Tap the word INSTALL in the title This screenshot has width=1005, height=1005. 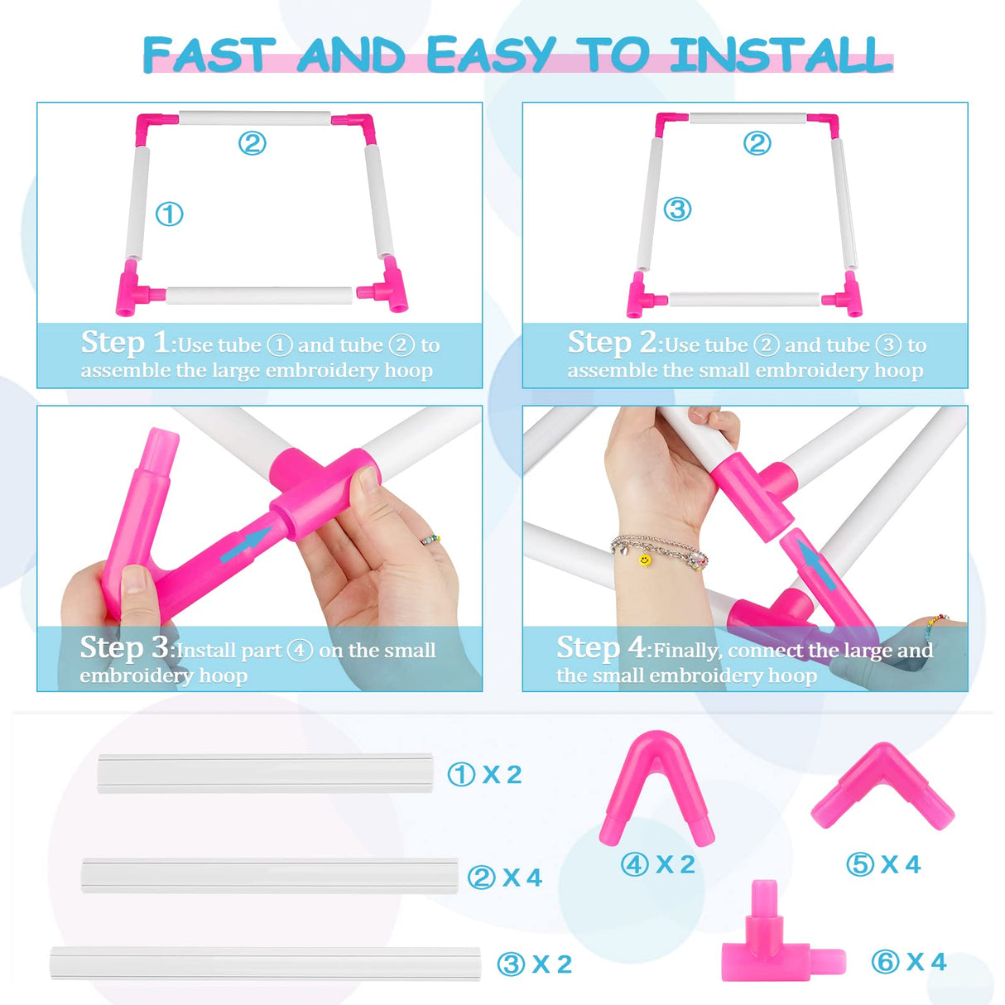(x=781, y=55)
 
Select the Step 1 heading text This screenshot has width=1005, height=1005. (x=125, y=342)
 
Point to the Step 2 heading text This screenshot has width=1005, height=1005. (x=612, y=342)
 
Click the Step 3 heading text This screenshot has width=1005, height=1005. (x=124, y=647)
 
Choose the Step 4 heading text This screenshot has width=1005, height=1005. (x=601, y=647)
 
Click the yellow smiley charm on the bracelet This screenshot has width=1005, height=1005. (x=644, y=560)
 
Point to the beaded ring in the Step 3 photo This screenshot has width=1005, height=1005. (x=430, y=540)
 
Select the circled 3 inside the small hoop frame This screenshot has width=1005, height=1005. (x=677, y=209)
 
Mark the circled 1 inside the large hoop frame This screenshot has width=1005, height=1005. (x=170, y=214)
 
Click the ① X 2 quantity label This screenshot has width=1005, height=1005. (x=484, y=775)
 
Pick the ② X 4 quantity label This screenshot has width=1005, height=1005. (x=504, y=878)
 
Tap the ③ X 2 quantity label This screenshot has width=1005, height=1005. (x=534, y=964)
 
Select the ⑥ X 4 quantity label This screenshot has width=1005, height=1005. (x=908, y=962)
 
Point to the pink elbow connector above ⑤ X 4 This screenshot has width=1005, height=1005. (x=882, y=786)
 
